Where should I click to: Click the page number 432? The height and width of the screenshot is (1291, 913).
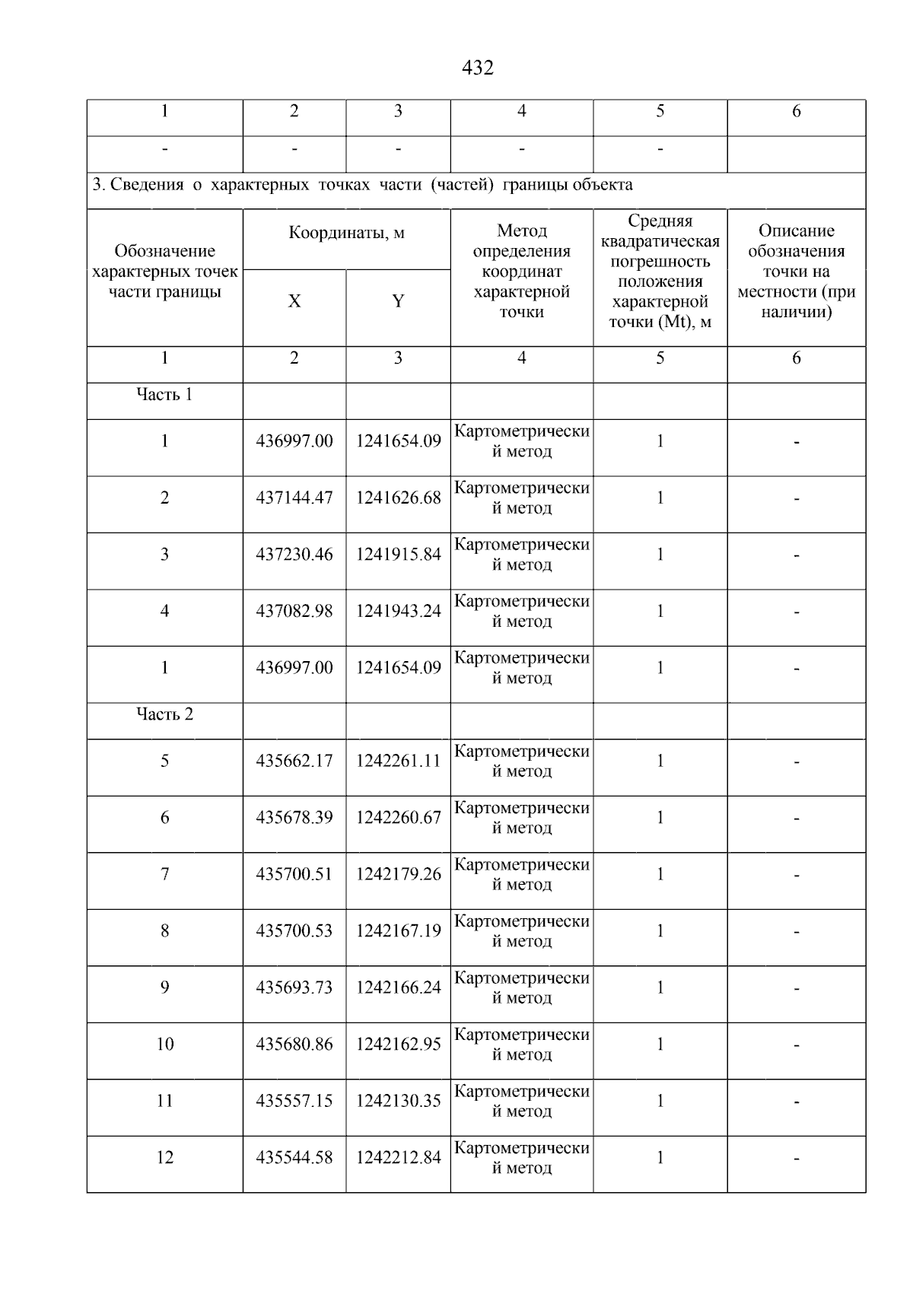(x=477, y=68)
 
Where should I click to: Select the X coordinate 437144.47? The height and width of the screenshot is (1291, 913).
(x=294, y=498)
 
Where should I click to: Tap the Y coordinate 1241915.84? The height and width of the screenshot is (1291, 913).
(x=398, y=555)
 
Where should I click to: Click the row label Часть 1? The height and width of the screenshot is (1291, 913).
(x=164, y=394)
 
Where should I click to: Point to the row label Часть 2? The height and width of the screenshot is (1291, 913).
(x=164, y=714)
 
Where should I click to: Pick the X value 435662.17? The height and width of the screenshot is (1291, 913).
(x=294, y=761)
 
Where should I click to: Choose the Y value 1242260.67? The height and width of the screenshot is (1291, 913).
(x=398, y=818)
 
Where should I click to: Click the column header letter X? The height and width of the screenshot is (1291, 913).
(x=294, y=301)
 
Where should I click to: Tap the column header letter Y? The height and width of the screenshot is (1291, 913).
(x=397, y=301)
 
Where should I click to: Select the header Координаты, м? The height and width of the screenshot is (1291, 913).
(x=346, y=233)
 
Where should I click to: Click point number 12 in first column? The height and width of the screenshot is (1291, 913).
(x=164, y=1158)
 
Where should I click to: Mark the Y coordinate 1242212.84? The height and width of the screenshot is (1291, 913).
(x=398, y=1158)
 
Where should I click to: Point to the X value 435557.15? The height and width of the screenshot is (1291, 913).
(x=294, y=1101)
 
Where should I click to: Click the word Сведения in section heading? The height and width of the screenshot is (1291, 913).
(x=147, y=185)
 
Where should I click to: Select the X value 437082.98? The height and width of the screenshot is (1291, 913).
(x=294, y=612)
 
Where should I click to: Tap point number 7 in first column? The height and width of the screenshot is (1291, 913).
(x=164, y=874)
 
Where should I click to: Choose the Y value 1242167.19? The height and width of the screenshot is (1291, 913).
(x=398, y=931)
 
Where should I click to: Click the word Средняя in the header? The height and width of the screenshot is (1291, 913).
(x=660, y=221)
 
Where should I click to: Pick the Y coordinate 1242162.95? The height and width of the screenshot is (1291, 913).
(x=398, y=1045)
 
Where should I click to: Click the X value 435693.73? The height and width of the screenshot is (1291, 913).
(x=294, y=987)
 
